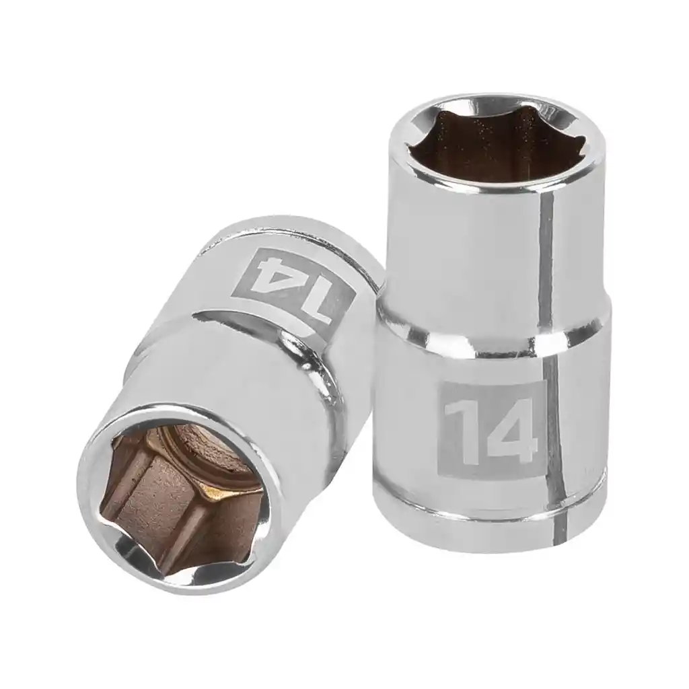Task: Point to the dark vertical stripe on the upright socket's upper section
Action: [545, 256]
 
